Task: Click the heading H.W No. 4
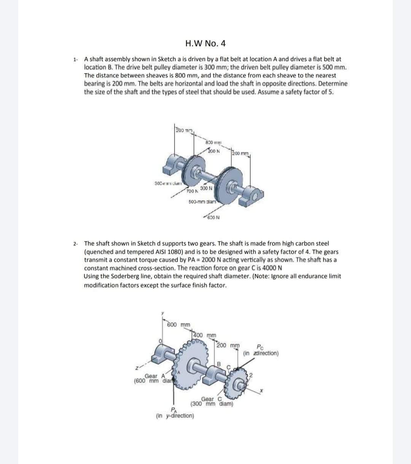[x=205, y=43]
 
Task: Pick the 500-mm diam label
[x=202, y=201]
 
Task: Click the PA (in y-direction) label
[x=175, y=413]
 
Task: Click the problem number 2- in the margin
[x=76, y=243]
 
